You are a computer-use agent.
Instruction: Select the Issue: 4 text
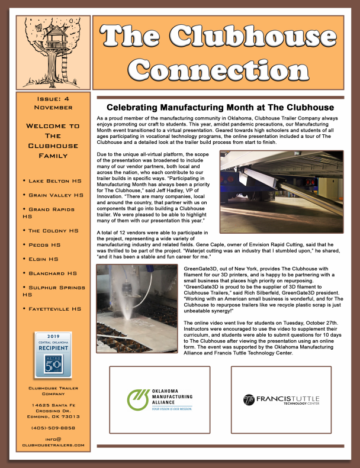click(53, 99)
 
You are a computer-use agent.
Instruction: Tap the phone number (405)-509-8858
click(53, 427)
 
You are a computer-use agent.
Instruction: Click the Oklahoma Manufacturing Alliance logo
click(160, 400)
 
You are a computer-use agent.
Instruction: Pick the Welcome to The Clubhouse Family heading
click(53, 141)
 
